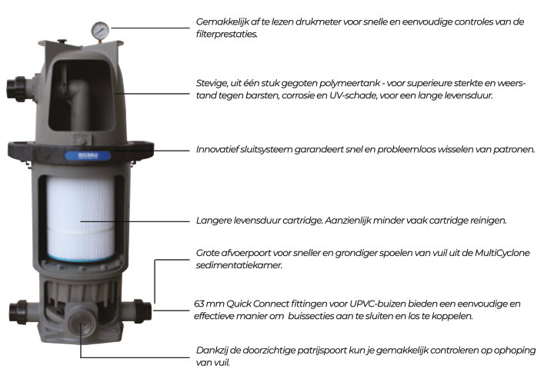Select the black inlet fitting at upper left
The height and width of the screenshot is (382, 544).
coord(18,85)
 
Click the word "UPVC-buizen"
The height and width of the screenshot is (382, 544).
coord(375,305)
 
